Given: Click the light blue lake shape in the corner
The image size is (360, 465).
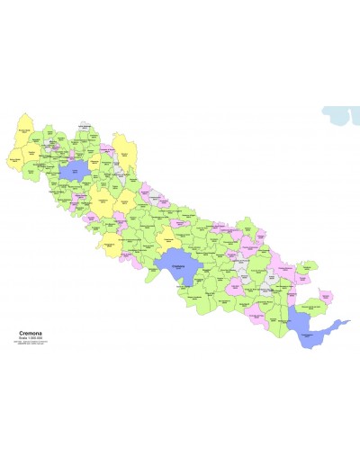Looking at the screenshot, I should (x=340, y=115).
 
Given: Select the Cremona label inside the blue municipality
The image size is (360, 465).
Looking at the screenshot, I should (x=177, y=266).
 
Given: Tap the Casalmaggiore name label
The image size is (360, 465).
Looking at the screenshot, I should (x=309, y=335).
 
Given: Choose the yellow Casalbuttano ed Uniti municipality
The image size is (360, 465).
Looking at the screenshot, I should (x=167, y=238).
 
